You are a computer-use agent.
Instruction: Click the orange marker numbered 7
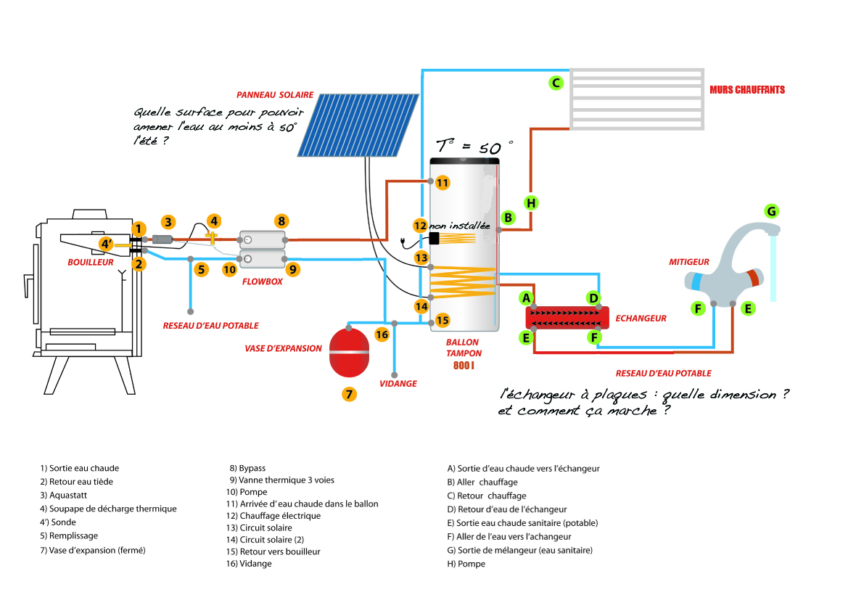pyautogui.click(x=350, y=394)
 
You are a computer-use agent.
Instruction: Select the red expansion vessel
pyautogui.click(x=350, y=352)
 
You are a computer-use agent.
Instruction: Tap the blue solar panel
pyautogui.click(x=358, y=125)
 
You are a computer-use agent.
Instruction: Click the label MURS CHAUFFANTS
pyautogui.click(x=747, y=90)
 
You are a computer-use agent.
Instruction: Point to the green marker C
pyautogui.click(x=556, y=83)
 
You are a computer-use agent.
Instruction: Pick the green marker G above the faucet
pyautogui.click(x=771, y=211)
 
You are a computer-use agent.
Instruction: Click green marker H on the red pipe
pyautogui.click(x=531, y=203)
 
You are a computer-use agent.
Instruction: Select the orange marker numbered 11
pyautogui.click(x=442, y=182)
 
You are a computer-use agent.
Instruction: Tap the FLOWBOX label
pyautogui.click(x=263, y=281)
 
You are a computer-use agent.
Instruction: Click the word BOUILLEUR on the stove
pyautogui.click(x=91, y=262)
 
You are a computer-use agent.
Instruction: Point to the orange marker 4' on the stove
pyautogui.click(x=107, y=244)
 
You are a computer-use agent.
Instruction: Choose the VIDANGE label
pyautogui.click(x=398, y=384)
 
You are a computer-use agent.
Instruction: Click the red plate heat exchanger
pyautogui.click(x=567, y=318)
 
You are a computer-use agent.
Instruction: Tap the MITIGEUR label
pyautogui.click(x=689, y=262)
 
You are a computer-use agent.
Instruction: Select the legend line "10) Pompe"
pyautogui.click(x=247, y=492)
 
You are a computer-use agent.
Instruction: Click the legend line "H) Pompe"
pyautogui.click(x=466, y=564)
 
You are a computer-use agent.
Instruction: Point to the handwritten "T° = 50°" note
pyautogui.click(x=474, y=146)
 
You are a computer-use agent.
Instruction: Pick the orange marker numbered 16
pyautogui.click(x=382, y=334)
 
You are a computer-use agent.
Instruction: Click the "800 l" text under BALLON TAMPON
pyautogui.click(x=464, y=366)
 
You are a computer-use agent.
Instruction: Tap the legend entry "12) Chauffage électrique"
pyautogui.click(x=273, y=516)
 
